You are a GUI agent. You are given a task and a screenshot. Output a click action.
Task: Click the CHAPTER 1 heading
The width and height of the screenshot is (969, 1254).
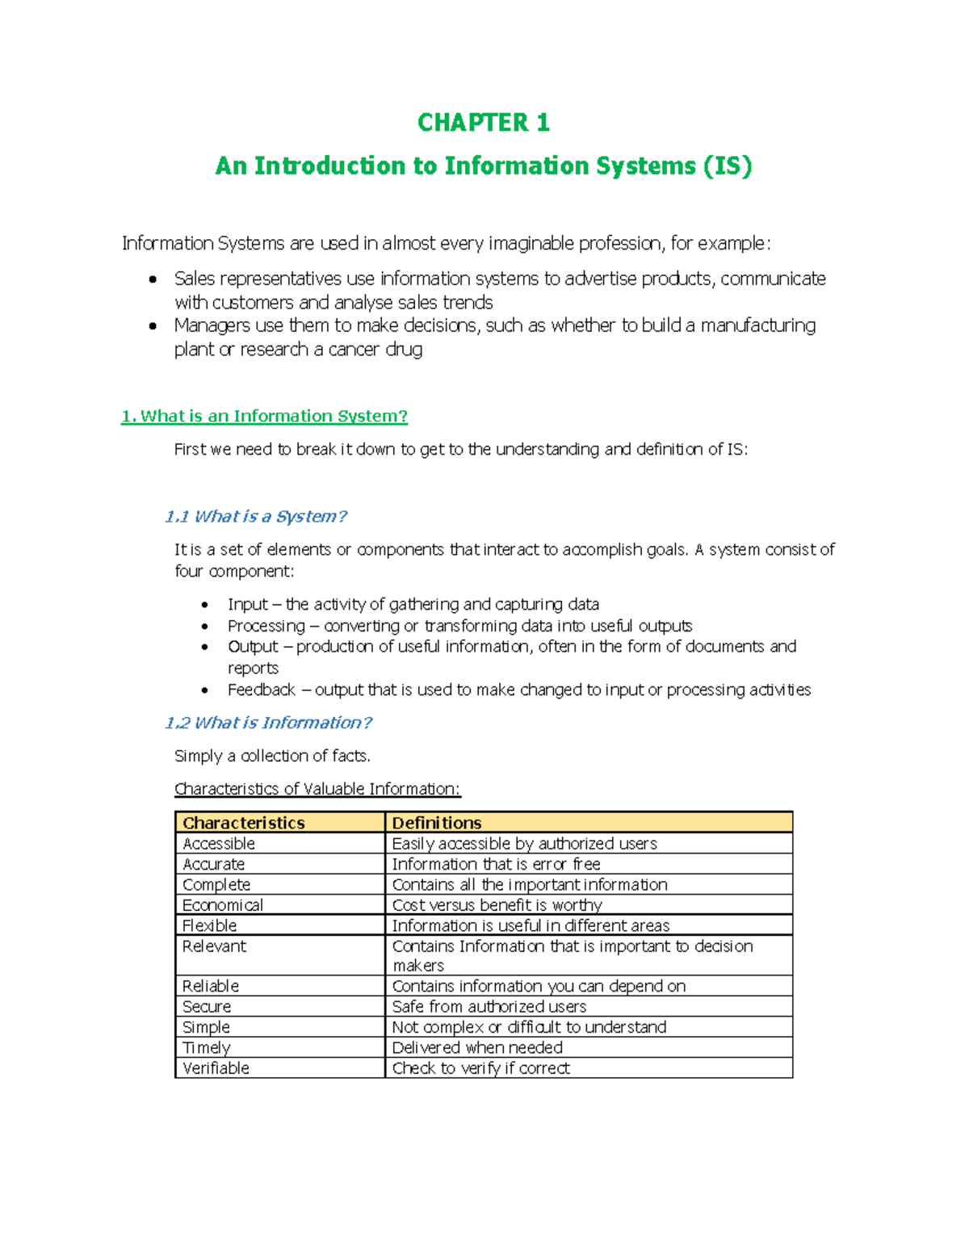click(x=483, y=123)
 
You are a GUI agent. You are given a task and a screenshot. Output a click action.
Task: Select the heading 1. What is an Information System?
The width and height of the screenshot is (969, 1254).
click(x=264, y=416)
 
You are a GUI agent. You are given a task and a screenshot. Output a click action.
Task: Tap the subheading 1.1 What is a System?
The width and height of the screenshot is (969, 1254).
click(x=255, y=516)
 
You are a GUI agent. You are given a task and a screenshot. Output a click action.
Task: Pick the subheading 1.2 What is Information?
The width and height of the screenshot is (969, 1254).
click(x=268, y=723)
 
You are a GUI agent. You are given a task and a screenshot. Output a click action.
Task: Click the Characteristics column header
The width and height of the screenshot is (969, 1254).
click(x=243, y=823)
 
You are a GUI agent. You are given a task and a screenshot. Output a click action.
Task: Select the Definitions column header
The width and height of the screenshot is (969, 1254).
click(x=437, y=823)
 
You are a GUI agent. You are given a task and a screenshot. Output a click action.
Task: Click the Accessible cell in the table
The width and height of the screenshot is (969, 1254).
click(x=219, y=844)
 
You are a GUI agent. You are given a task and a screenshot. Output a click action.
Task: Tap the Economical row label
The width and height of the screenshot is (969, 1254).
click(x=223, y=905)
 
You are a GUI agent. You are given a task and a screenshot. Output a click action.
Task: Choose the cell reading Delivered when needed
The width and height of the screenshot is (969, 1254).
click(x=477, y=1047)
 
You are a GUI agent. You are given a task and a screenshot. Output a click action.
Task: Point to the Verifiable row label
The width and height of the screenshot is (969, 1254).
click(x=216, y=1068)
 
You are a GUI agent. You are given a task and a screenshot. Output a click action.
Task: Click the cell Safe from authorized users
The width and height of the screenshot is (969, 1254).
click(x=489, y=1007)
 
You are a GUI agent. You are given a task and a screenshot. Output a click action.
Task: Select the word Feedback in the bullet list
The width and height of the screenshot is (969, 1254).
click(x=262, y=690)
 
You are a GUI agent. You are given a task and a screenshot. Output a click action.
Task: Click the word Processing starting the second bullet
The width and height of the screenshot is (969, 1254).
click(x=266, y=626)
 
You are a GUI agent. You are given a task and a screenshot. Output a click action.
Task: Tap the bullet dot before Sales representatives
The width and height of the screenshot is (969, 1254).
click(x=153, y=279)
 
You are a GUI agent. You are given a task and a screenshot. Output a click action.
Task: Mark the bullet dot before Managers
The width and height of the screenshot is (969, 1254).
click(x=153, y=326)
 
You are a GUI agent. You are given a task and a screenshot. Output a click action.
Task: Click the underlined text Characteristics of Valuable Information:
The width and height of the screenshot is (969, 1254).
click(x=317, y=789)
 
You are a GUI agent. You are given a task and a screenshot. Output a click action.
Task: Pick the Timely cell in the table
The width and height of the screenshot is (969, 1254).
click(x=207, y=1047)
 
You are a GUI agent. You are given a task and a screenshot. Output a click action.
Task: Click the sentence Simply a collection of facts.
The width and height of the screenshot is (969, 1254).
click(x=272, y=756)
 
